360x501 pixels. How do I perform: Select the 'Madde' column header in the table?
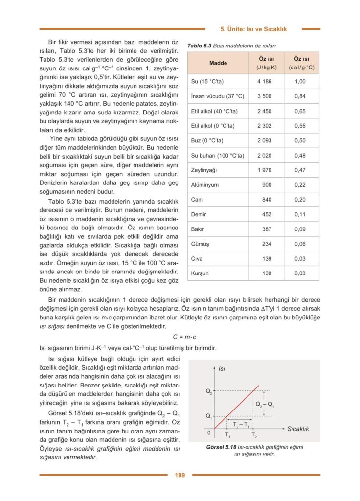coord(218,63)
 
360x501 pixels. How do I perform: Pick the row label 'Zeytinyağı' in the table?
coord(204,170)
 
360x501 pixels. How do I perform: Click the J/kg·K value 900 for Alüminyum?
coord(267,185)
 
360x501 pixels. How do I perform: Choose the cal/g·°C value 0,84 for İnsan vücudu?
coord(300,96)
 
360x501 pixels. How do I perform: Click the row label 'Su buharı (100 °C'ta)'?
coord(217,156)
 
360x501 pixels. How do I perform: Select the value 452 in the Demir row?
coord(267,214)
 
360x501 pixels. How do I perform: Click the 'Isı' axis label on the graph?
coord(222,368)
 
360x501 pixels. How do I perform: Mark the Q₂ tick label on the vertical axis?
coord(208,391)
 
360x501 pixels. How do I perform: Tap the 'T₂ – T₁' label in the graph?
coord(241,424)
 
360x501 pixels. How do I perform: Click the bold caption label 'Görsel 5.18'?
coord(221,447)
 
